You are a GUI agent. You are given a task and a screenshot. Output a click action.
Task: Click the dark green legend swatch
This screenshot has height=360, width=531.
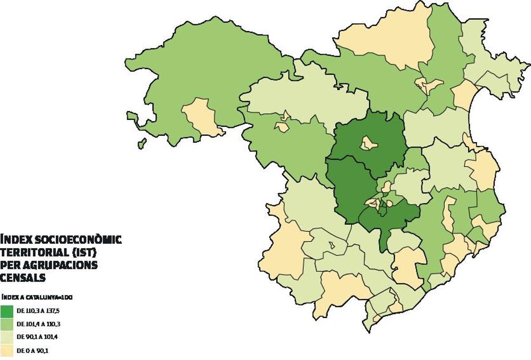(x=7, y=311)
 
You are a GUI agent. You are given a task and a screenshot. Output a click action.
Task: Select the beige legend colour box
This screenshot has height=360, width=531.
(x=7, y=351)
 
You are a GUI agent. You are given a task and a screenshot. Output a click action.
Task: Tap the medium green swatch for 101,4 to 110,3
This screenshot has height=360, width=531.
(x=7, y=324)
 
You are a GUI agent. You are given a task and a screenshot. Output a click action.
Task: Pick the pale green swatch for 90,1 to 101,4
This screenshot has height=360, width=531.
(x=7, y=337)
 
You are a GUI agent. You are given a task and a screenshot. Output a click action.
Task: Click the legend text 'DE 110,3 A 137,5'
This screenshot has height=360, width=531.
(x=38, y=311)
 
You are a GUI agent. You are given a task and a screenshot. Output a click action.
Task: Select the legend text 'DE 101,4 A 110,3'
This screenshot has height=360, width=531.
(x=38, y=324)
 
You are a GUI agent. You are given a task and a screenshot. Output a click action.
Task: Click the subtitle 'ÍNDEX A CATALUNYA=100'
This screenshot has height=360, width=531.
(x=37, y=298)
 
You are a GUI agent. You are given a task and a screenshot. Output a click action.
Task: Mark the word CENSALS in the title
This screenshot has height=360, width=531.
(x=23, y=278)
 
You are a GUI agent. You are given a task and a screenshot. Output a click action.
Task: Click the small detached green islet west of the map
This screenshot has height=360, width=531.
(x=142, y=143)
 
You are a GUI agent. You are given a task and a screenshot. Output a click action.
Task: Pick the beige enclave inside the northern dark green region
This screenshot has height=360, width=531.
(x=368, y=143)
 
